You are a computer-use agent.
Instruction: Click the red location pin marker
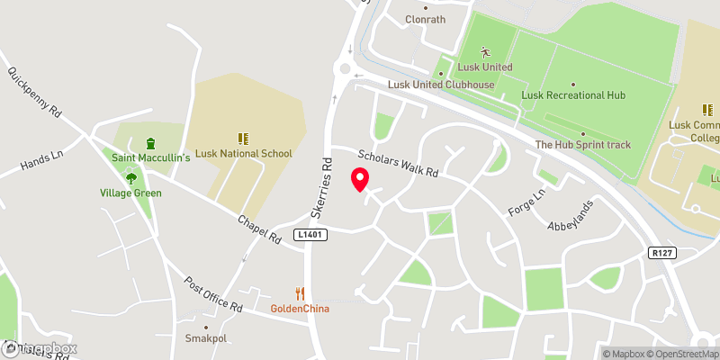[x=360, y=179]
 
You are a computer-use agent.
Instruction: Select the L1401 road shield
[x=309, y=235]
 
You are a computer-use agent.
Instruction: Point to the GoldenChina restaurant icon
[x=301, y=293]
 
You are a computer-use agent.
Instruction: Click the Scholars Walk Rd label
[x=397, y=162]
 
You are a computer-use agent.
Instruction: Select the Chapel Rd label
[x=260, y=229]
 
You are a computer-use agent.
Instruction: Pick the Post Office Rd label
[x=212, y=295]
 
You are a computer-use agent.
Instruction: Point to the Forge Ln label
[x=526, y=197]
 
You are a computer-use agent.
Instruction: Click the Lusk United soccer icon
[x=485, y=52]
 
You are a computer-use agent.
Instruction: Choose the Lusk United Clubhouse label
[x=441, y=85]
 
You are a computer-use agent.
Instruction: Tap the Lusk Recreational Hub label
[x=573, y=94]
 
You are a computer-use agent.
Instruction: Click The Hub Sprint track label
[x=583, y=144]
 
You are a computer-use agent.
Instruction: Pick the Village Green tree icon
[x=131, y=178]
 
